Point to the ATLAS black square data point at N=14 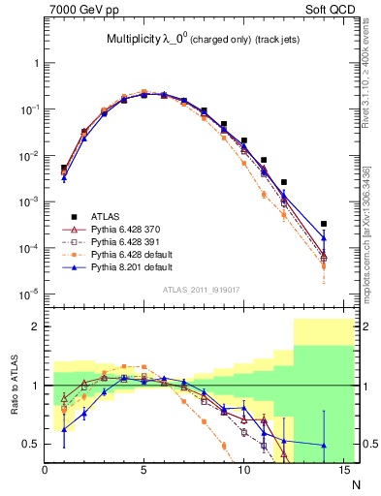324,224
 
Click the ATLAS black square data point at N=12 284,182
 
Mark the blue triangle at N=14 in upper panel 324,237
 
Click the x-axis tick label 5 144,472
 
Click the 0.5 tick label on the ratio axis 32,444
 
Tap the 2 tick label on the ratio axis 37,326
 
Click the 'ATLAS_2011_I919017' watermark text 202,288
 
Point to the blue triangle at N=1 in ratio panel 64,429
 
